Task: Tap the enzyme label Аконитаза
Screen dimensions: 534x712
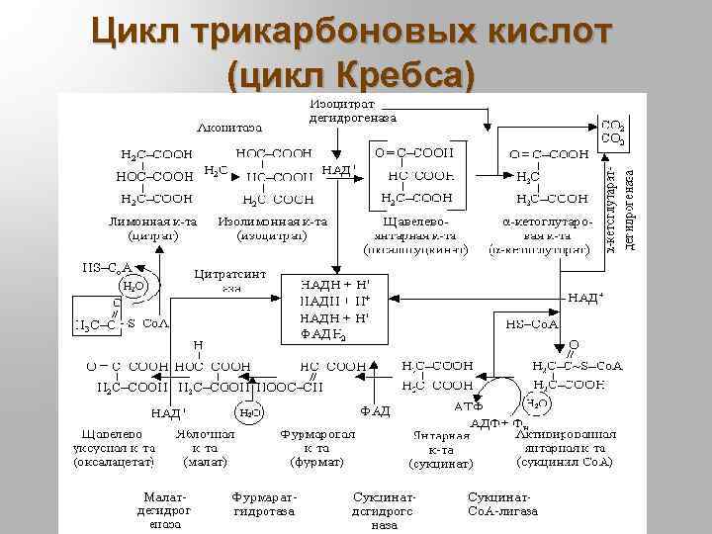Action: pos(229,127)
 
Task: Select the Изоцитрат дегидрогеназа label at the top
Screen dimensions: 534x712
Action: pos(352,110)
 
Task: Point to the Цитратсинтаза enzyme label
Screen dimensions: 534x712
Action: pos(229,279)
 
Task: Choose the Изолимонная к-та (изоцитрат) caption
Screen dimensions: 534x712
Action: pos(272,228)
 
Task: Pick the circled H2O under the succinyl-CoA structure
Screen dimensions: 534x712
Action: pos(537,403)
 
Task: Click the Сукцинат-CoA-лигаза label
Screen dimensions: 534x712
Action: pos(503,503)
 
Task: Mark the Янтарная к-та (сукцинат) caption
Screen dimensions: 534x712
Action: pos(441,450)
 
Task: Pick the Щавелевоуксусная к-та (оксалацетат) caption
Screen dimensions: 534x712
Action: pos(113,447)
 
